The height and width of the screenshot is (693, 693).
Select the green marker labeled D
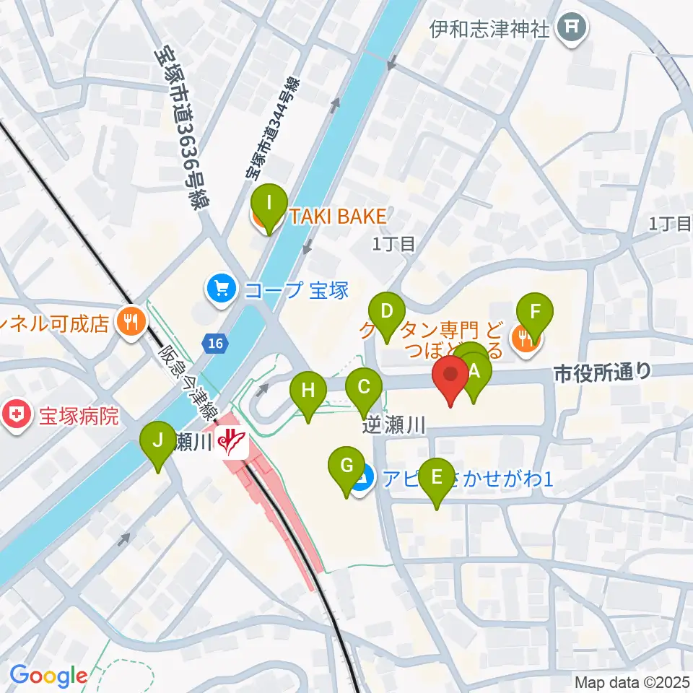point(388,312)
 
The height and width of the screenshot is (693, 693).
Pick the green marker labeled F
point(535,312)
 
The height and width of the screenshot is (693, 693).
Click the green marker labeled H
point(308,391)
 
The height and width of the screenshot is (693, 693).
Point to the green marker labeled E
point(437,478)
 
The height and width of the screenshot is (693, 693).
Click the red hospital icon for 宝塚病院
point(17,416)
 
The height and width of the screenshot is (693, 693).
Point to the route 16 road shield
point(214,344)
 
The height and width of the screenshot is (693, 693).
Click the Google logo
point(48,675)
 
